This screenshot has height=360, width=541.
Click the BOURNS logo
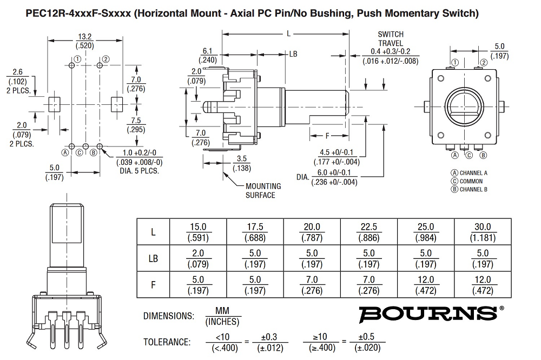tap(427, 313)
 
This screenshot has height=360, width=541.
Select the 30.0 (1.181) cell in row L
tap(482, 232)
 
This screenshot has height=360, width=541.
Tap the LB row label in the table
tap(153, 258)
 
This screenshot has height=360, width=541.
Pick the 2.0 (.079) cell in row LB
tap(199, 258)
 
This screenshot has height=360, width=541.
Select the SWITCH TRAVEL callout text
tap(391, 38)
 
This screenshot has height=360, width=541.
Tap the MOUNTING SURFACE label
tap(263, 190)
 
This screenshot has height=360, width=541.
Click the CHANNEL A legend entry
tap(470, 173)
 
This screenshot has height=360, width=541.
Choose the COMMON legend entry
tap(467, 181)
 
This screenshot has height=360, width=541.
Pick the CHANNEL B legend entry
tap(470, 189)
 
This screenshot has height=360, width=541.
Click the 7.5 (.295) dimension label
tap(134, 125)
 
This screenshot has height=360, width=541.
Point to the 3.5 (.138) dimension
tap(241, 164)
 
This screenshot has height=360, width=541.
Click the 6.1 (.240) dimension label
tap(209, 55)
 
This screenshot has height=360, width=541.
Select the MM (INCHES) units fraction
tap(223, 316)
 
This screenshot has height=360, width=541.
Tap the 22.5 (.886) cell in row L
tap(369, 232)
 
